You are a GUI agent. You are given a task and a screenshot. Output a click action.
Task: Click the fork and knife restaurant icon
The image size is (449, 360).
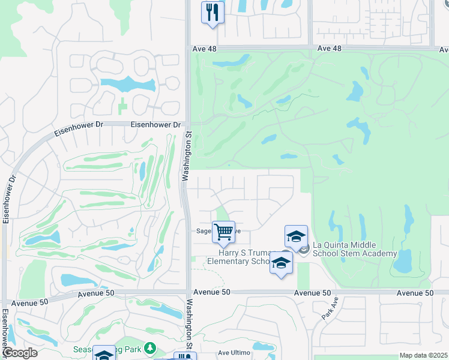click(212, 12)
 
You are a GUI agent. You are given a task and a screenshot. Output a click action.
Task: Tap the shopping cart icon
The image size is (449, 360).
click(223, 231)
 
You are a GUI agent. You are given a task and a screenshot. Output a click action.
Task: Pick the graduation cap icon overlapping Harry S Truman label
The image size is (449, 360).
click(281, 263)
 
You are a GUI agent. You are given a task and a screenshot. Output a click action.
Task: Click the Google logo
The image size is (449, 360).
click(19, 353)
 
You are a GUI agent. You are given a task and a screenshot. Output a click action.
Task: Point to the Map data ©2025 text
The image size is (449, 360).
click(423, 355)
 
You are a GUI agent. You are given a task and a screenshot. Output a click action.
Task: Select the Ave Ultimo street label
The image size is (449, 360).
click(233, 353)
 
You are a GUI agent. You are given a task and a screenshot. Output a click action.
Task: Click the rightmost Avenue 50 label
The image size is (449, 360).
click(415, 293)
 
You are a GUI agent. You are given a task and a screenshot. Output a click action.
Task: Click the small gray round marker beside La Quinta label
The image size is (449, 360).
click(304, 249)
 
